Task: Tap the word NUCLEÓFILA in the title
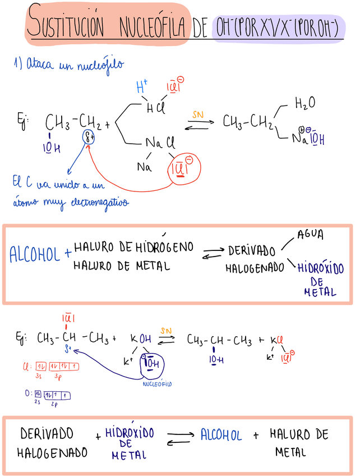(x=153, y=26)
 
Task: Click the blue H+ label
(x=142, y=87)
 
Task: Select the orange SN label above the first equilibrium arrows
(x=198, y=114)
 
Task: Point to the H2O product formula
(x=304, y=103)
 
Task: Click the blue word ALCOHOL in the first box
(x=35, y=255)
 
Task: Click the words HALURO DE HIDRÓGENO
(x=133, y=246)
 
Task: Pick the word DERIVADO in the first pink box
(x=251, y=251)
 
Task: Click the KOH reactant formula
(x=141, y=339)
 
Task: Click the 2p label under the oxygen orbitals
(x=56, y=404)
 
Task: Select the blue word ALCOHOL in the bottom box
(x=220, y=436)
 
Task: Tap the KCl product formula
(x=278, y=339)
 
